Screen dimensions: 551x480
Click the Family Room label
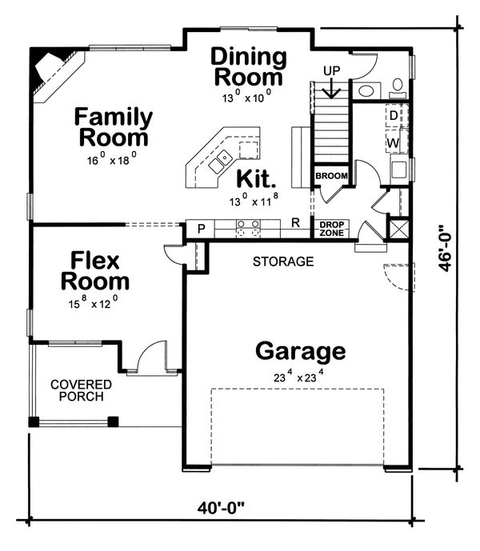coord(114,126)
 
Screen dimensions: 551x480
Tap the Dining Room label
coord(248,67)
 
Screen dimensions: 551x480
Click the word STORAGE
coord(283,262)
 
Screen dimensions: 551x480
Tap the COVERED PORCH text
coord(81,390)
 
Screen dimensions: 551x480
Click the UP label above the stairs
coord(331,71)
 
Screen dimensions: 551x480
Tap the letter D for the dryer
coord(394,116)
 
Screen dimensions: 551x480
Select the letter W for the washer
coord(394,143)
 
